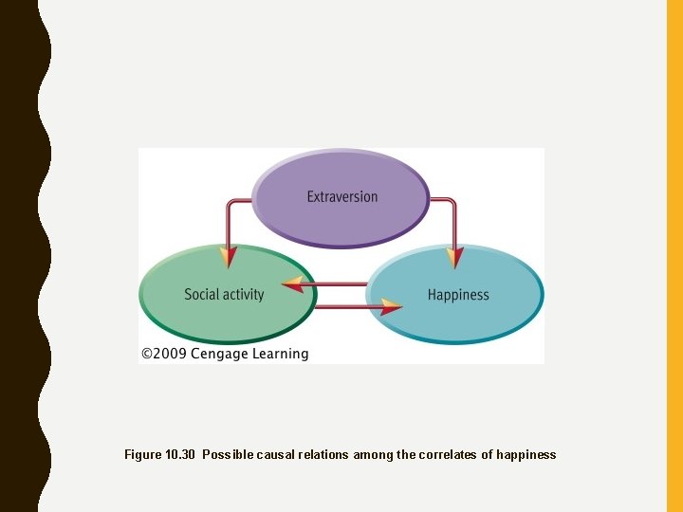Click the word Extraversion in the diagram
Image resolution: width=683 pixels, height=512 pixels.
coord(341,197)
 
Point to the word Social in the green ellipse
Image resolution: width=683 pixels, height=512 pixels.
coord(201,295)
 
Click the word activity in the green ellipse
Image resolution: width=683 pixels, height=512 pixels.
coord(243,295)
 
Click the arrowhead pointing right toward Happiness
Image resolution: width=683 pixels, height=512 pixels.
coord(391,307)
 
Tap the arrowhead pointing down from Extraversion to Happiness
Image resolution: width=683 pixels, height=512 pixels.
coord(456,256)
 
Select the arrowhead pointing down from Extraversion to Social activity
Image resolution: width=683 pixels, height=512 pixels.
coord(228,256)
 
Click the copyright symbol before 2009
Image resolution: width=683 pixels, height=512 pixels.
coord(148,354)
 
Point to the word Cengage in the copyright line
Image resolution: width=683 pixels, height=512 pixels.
coord(219,354)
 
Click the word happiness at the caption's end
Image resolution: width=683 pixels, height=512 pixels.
coord(526,455)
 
